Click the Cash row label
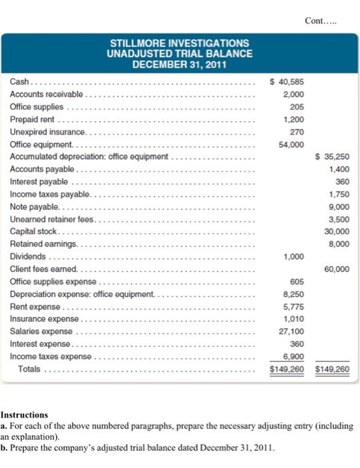tap(19, 82)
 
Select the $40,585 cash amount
tap(283, 82)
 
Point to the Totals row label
tap(29, 369)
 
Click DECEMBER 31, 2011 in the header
tap(180, 65)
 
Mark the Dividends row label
tap(28, 257)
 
